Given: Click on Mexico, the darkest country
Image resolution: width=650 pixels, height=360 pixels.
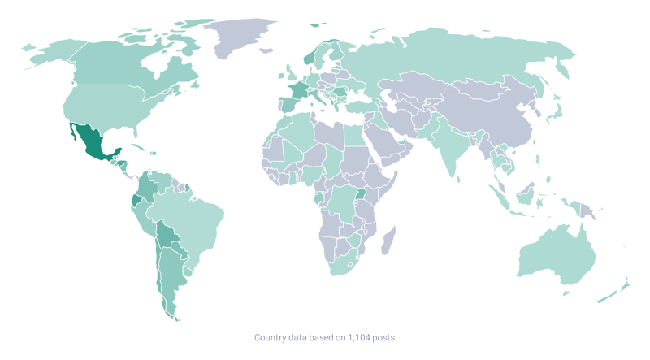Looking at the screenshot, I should point(89,142).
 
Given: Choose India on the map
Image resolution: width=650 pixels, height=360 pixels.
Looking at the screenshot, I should point(447,146).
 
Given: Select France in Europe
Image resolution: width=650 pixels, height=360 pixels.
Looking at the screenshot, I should point(297,89).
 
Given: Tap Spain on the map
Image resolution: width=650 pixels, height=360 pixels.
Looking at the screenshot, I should point(285,106).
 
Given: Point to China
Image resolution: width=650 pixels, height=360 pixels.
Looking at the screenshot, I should point(487,114).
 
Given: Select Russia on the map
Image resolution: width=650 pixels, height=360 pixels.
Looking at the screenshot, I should point(455,57).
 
